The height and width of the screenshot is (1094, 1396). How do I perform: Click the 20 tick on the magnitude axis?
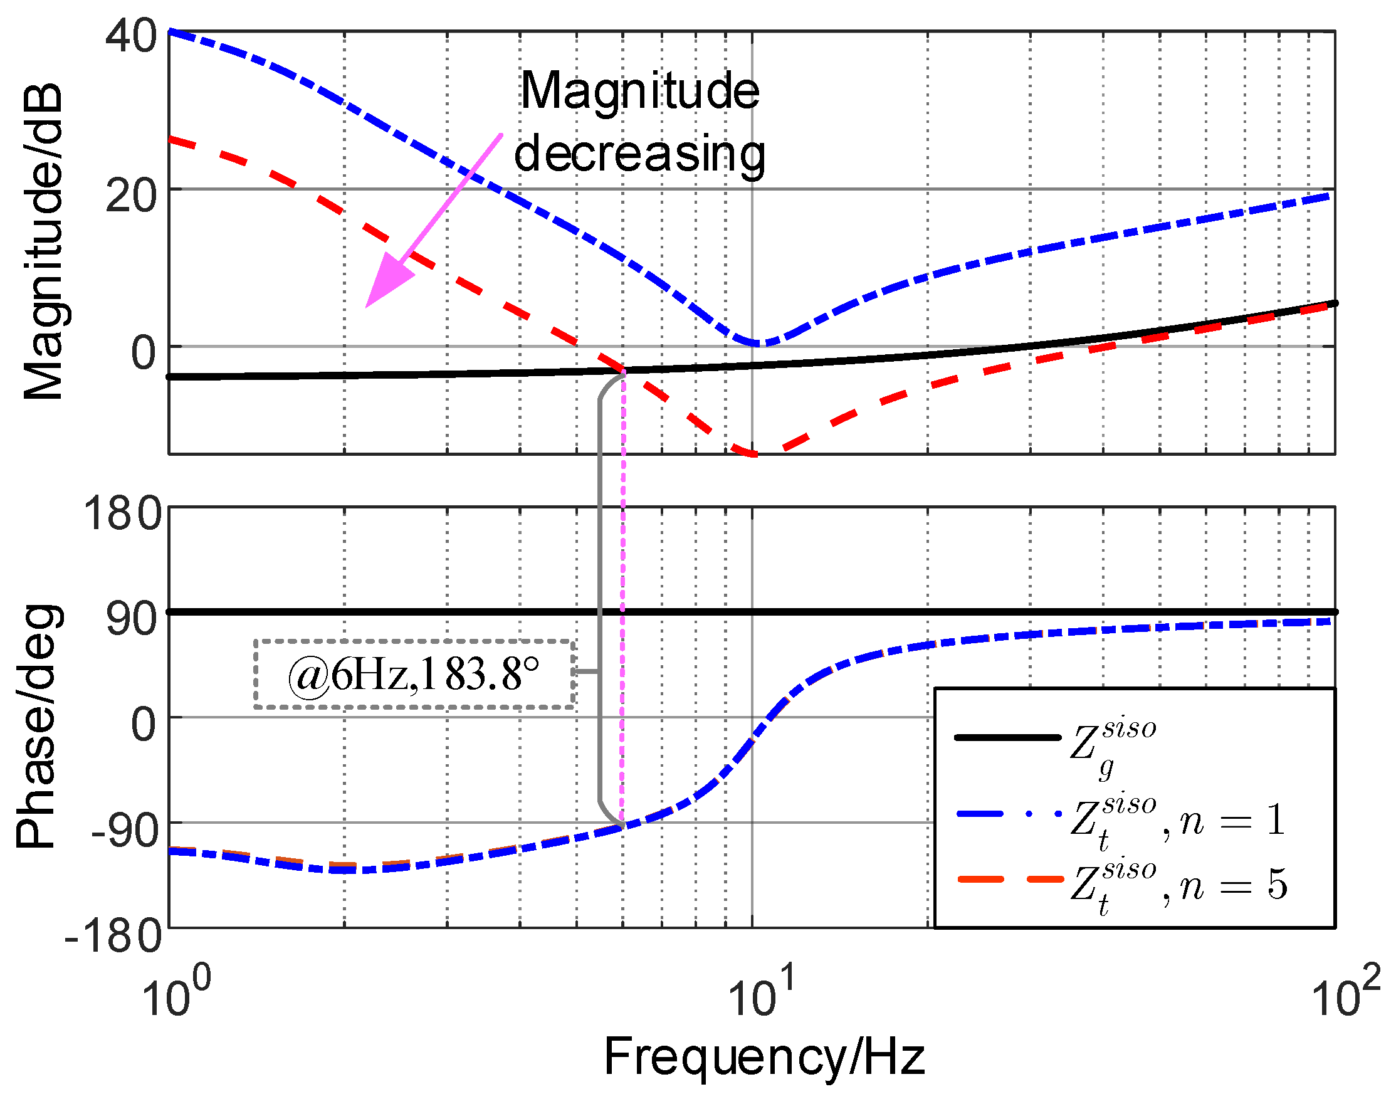coord(130,196)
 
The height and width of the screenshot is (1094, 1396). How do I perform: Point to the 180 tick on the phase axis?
coord(122,513)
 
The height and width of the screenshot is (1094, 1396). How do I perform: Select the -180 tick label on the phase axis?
coord(114,936)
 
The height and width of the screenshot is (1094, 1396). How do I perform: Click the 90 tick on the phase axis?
coord(131,619)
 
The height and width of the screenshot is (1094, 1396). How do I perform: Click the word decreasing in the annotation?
coord(639,154)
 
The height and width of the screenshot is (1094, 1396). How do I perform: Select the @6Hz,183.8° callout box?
coord(414,675)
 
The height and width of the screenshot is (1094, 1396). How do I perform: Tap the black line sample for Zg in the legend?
coord(1007,737)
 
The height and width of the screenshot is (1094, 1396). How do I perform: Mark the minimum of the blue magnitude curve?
coord(760,344)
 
